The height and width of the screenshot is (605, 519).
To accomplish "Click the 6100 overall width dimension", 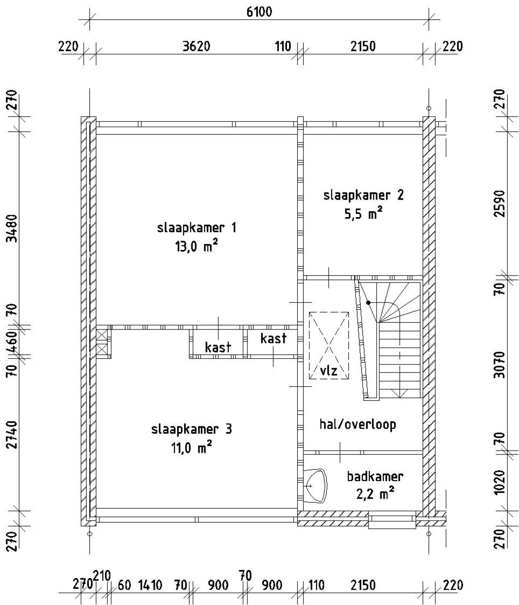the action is click(x=259, y=12).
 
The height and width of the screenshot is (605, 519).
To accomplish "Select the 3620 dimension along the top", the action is click(x=196, y=47).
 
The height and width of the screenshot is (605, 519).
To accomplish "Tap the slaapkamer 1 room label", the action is click(x=197, y=228).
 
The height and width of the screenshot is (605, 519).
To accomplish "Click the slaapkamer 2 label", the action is click(x=363, y=195).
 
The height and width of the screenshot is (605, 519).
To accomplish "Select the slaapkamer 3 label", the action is click(x=191, y=429).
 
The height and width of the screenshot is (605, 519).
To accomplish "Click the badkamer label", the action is click(x=375, y=477).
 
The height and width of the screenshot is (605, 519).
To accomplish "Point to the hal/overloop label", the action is click(x=358, y=424).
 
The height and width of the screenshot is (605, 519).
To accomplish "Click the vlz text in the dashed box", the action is click(x=328, y=371).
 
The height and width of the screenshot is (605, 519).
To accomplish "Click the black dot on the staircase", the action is click(x=368, y=303).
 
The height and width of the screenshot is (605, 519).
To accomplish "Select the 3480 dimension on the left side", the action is click(x=12, y=228).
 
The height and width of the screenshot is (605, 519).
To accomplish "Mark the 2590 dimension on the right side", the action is click(x=500, y=204).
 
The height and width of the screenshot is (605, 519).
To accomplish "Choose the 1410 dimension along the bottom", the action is click(x=150, y=585).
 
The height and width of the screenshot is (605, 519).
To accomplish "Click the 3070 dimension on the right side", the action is click(x=500, y=365).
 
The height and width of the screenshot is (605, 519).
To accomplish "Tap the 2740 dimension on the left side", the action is click(x=12, y=435).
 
